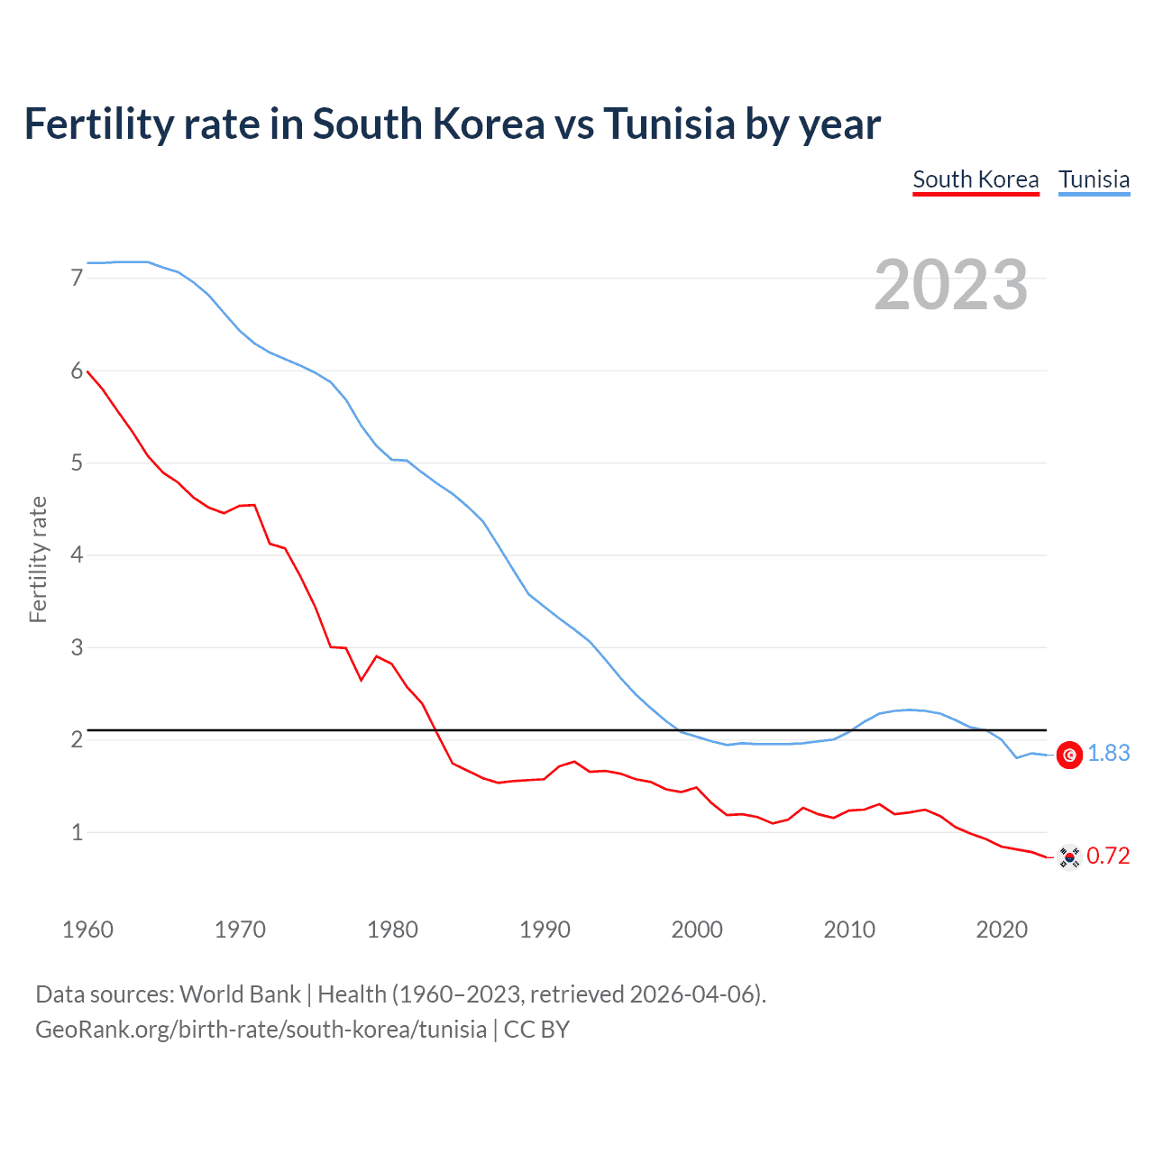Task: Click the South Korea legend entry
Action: click(975, 179)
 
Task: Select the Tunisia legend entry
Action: click(1094, 179)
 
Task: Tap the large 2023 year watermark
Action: click(951, 285)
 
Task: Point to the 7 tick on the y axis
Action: click(77, 278)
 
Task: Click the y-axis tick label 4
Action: click(77, 554)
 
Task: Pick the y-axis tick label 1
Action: click(77, 832)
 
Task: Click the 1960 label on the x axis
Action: click(87, 930)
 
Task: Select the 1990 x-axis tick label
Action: click(545, 930)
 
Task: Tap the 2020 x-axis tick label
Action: click(1002, 930)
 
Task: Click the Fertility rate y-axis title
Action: click(38, 559)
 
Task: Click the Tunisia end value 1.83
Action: click(1108, 754)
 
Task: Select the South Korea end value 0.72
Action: click(1108, 856)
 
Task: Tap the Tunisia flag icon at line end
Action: click(1069, 756)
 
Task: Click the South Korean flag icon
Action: click(1069, 856)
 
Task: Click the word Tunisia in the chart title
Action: click(669, 124)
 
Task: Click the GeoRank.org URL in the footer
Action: click(261, 1029)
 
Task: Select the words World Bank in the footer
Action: click(240, 994)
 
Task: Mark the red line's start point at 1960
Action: click(87, 371)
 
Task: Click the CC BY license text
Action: click(536, 1029)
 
